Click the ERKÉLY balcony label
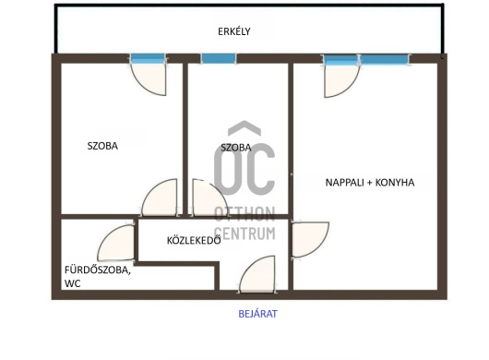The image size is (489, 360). point(234,31)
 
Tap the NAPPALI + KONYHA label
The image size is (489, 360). point(370,183)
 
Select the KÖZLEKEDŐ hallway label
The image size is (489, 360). point(194,241)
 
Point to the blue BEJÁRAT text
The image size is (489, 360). point(257,314)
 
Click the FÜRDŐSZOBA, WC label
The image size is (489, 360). point(97,276)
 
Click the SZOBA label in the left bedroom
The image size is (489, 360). point(102,146)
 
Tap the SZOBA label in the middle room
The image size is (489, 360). point(236,148)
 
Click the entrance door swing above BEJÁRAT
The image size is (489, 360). point(257,274)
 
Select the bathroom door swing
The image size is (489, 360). point(116,243)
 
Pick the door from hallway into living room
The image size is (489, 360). point(310,240)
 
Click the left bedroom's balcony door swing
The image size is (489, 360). point(149,79)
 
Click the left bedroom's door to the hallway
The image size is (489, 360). point(160,198)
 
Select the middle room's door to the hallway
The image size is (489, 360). point(209,198)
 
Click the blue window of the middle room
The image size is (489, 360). point(219,58)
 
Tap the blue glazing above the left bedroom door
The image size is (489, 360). point(148,58)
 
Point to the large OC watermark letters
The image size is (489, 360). point(244,169)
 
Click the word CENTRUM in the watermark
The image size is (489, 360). point(244,234)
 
